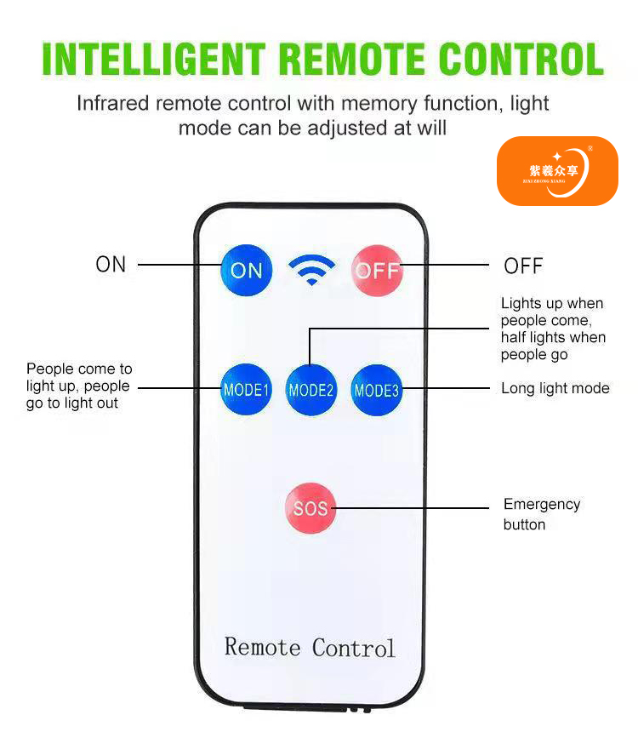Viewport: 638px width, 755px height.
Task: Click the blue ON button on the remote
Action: click(247, 271)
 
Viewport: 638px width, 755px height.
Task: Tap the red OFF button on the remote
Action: click(377, 271)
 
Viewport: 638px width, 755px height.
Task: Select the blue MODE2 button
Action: click(311, 391)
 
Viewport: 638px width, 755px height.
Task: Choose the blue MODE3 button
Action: click(376, 391)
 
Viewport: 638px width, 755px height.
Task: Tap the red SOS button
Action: click(310, 509)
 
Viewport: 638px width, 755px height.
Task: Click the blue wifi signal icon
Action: click(311, 270)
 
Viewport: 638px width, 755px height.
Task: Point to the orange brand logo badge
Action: click(557, 171)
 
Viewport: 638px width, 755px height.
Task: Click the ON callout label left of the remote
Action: click(111, 265)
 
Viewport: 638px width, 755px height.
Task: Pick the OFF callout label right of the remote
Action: click(523, 266)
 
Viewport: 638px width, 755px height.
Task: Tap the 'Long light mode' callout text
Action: click(555, 388)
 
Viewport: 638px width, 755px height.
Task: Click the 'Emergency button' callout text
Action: click(542, 514)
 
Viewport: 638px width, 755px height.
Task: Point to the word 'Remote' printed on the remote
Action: click(263, 647)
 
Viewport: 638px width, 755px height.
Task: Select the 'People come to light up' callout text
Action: click(79, 386)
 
